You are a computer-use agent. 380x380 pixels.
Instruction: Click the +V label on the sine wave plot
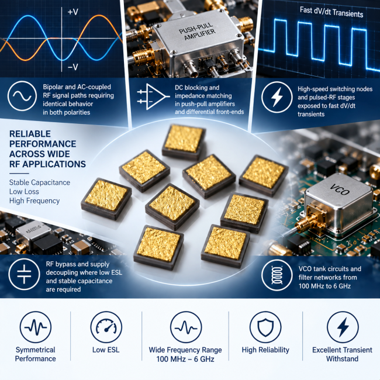click(x=72, y=11)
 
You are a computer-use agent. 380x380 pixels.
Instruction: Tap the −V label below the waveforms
click(x=72, y=67)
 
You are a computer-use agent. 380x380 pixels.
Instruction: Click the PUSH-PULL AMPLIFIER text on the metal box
click(x=197, y=32)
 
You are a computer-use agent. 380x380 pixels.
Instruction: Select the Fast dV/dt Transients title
click(x=331, y=12)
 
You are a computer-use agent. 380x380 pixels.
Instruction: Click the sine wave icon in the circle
click(x=22, y=96)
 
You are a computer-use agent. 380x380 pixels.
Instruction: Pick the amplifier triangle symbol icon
click(x=153, y=96)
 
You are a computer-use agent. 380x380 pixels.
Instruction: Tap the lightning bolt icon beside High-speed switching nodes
click(x=277, y=97)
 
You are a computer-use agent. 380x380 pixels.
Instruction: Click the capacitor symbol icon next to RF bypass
click(x=24, y=274)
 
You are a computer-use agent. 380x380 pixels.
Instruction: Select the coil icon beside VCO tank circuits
click(x=277, y=275)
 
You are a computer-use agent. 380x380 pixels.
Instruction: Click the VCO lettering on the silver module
click(x=340, y=190)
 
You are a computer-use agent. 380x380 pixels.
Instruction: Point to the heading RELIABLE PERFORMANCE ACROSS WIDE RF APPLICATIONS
click(x=47, y=149)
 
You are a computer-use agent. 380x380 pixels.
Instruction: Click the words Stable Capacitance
click(x=40, y=182)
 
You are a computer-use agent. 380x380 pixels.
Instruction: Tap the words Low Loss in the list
click(x=24, y=191)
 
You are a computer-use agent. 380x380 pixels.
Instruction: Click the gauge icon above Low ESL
click(x=106, y=327)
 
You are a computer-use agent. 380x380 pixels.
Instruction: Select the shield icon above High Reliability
click(x=265, y=327)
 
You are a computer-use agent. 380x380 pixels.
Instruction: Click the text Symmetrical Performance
click(x=36, y=354)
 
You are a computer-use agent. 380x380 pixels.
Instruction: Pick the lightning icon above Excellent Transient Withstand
click(x=343, y=327)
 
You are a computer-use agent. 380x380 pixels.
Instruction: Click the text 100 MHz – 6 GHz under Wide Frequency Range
click(x=185, y=359)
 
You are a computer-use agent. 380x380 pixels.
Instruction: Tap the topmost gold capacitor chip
click(x=184, y=141)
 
